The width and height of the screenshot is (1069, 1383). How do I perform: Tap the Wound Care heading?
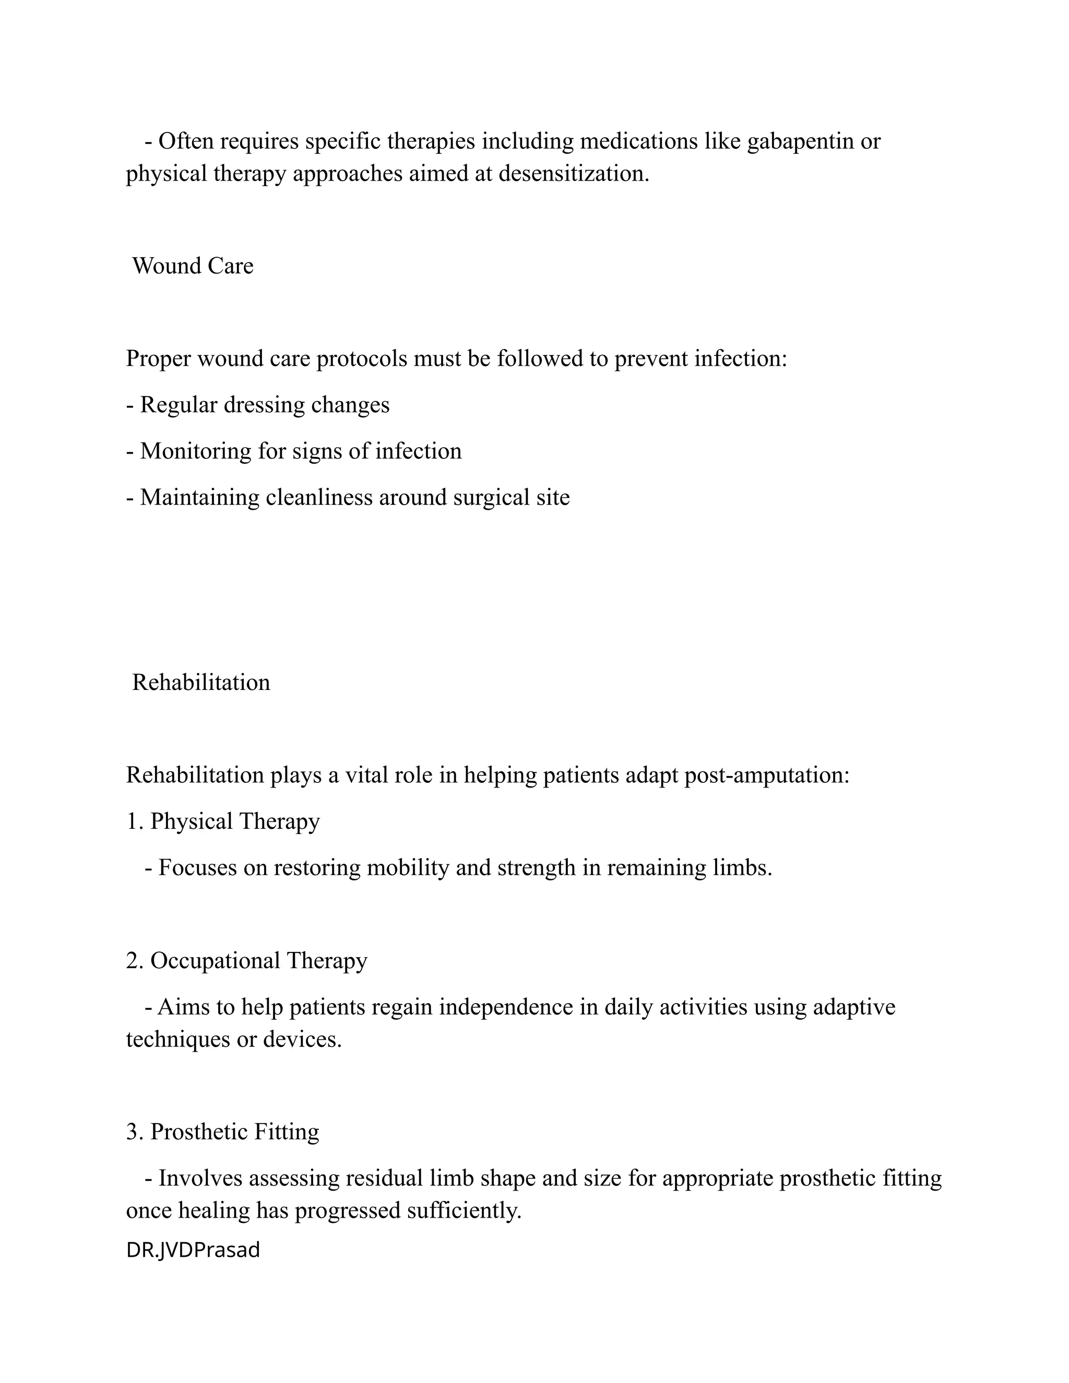(x=193, y=266)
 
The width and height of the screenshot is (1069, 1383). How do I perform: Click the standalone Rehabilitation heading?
(x=201, y=683)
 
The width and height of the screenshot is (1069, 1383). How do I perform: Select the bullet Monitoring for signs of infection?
(x=294, y=451)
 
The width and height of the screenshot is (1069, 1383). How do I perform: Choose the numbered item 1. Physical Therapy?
(x=223, y=821)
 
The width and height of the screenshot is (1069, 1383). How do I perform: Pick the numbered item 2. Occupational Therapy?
(x=246, y=961)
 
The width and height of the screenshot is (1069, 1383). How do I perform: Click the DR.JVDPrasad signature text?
(x=193, y=1250)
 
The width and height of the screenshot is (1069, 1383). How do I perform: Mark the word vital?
(x=365, y=775)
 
